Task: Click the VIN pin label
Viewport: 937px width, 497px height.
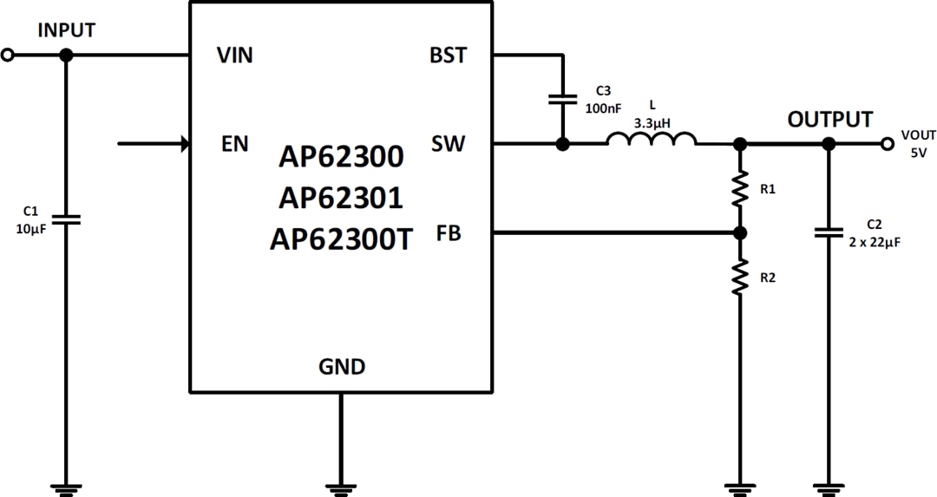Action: pos(234,56)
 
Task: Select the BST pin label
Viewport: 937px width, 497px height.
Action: pos(448,56)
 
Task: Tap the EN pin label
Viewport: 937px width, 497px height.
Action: pos(234,144)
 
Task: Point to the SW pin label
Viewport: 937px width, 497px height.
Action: pos(448,144)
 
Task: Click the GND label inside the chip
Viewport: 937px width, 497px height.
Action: pos(342,367)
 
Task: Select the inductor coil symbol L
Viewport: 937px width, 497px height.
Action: pos(651,141)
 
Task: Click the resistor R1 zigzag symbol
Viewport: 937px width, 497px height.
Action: pos(739,188)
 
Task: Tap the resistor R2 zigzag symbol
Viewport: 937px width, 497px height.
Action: pos(739,278)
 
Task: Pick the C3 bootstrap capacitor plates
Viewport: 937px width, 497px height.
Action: pos(563,99)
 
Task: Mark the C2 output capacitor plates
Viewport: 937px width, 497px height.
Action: pos(829,232)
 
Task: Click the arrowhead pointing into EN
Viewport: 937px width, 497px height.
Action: pos(184,144)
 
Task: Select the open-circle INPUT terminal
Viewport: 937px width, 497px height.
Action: pos(8,56)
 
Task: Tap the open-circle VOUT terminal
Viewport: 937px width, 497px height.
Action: pos(887,144)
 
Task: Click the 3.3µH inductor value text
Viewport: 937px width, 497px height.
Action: pos(652,122)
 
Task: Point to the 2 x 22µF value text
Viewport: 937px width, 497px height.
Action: pos(875,243)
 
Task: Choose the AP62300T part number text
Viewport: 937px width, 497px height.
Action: pos(341,239)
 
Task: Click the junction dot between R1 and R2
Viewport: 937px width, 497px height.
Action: pos(739,233)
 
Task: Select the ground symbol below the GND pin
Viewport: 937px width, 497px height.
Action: pos(342,488)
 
